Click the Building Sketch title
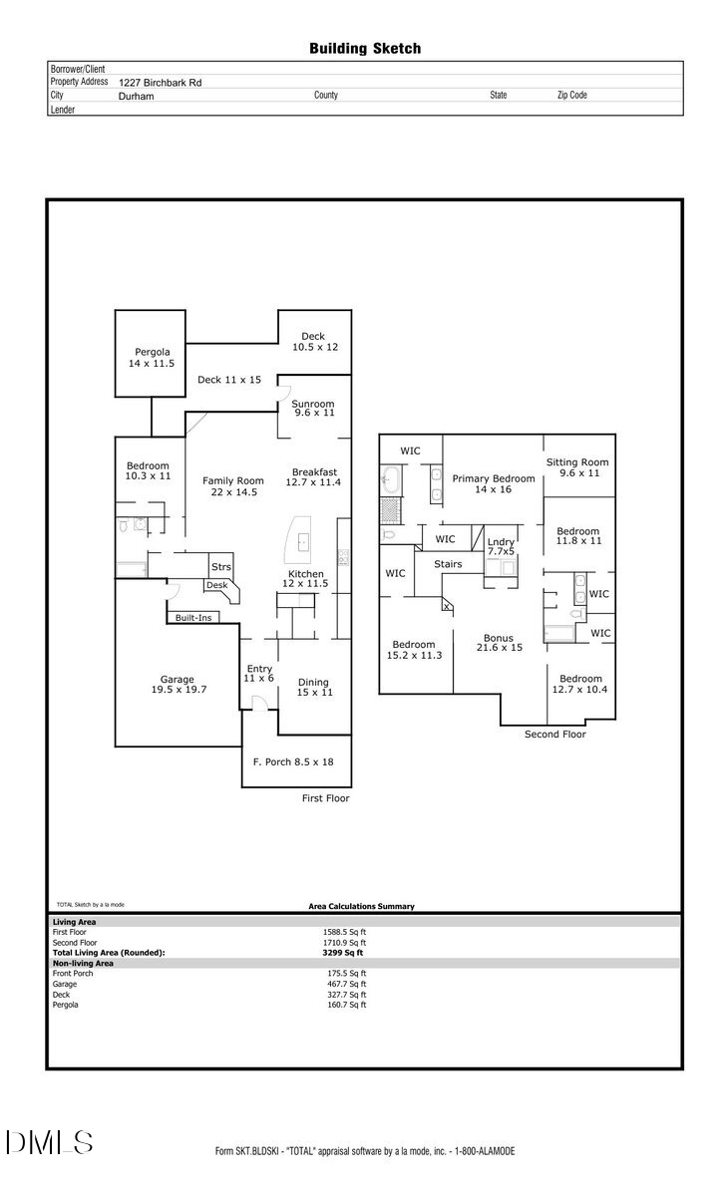tap(364, 48)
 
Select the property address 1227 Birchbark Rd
tap(160, 83)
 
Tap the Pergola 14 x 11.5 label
tap(151, 358)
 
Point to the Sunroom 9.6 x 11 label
tap(313, 409)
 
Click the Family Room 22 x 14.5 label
tap(233, 486)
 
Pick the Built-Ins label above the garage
tap(193, 618)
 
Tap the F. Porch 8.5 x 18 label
tap(293, 762)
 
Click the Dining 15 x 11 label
tap(314, 688)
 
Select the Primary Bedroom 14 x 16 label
tap(494, 484)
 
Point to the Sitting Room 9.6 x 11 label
tap(577, 468)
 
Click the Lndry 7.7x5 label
tap(502, 546)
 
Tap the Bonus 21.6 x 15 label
tap(498, 644)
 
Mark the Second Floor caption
tap(555, 735)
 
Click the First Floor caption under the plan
tap(325, 798)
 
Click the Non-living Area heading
tap(83, 964)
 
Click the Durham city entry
tap(137, 96)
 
